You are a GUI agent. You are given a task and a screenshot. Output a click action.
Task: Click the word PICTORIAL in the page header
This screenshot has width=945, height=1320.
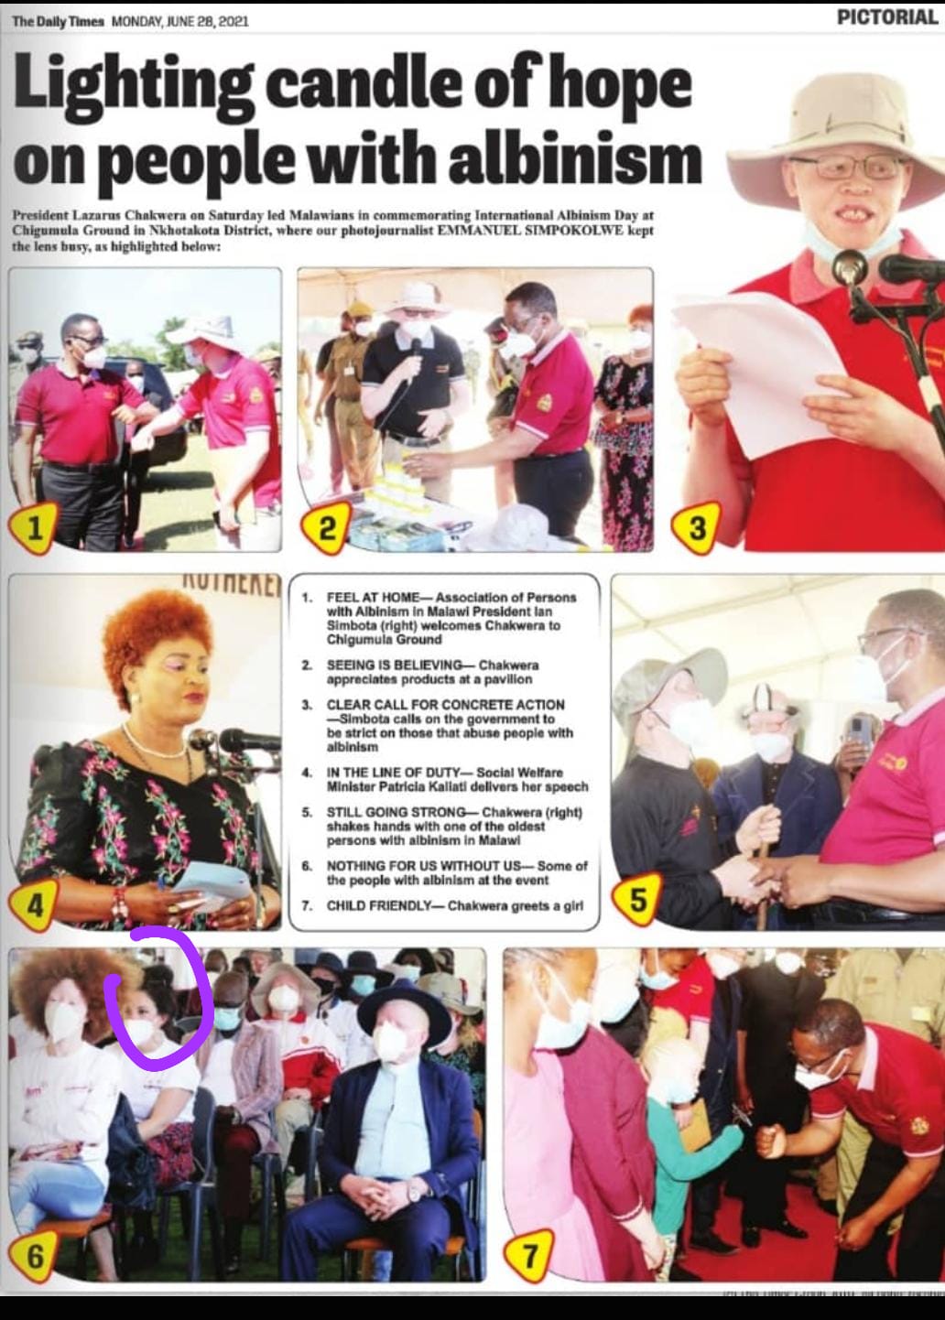[888, 17]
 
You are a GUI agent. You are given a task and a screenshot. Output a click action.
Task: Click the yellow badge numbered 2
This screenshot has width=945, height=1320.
[326, 527]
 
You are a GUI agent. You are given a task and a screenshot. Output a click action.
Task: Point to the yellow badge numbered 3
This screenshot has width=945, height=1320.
[696, 527]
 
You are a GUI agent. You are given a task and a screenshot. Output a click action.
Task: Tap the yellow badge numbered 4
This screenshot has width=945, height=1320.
[34, 905]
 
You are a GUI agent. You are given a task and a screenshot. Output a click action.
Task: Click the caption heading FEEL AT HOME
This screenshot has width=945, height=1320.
[373, 597]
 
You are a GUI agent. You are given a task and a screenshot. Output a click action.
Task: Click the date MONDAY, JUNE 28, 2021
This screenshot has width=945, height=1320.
[180, 22]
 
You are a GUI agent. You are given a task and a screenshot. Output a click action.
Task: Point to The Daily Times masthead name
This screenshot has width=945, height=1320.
[59, 22]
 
